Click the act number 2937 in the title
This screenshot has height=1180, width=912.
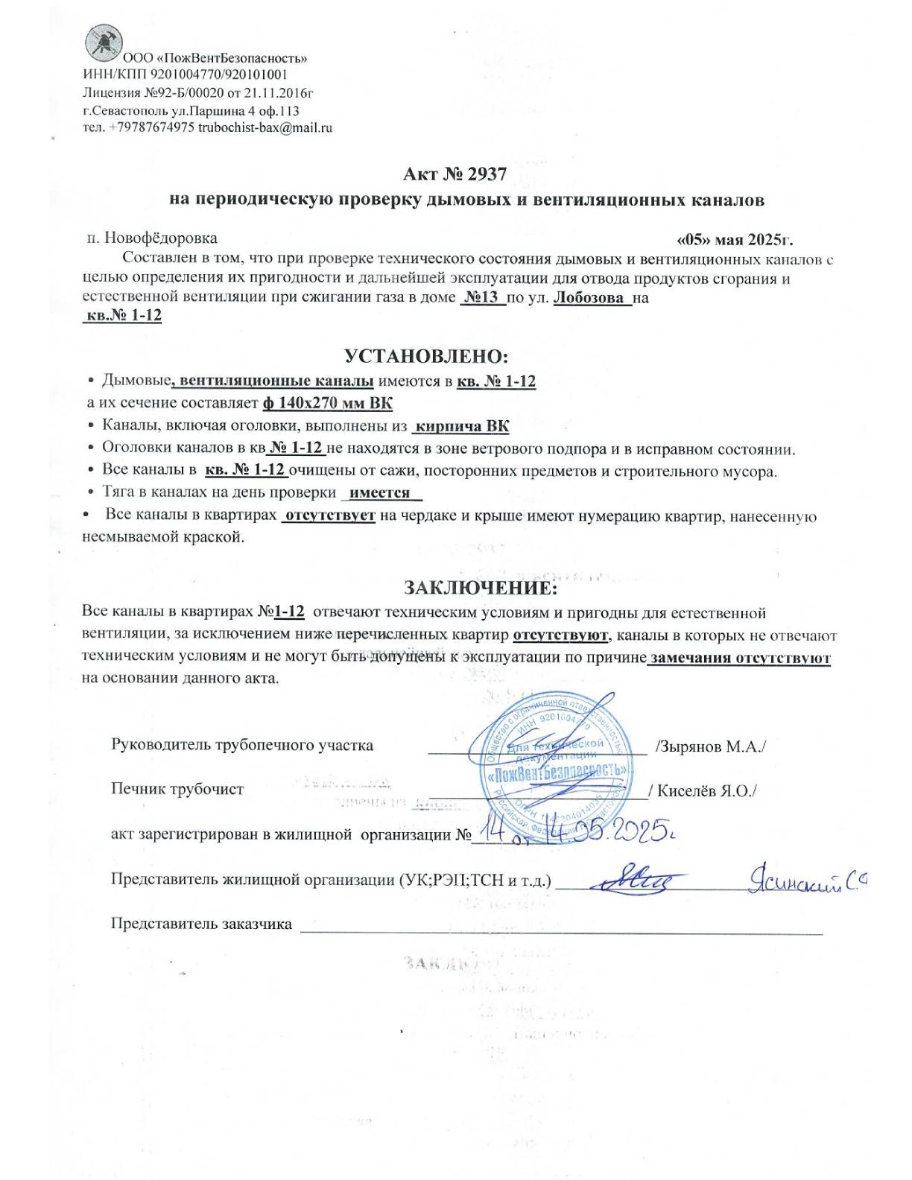click(x=487, y=174)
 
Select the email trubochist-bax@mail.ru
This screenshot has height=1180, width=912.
click(x=265, y=127)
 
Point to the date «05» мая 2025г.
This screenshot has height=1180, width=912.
click(x=734, y=240)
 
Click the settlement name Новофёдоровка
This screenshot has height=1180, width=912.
click(x=160, y=238)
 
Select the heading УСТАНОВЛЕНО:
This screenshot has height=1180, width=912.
click(x=426, y=355)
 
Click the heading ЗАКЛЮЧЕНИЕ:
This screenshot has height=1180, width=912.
click(x=480, y=587)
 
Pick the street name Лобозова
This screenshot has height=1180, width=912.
click(x=589, y=298)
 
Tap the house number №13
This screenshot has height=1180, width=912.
click(x=481, y=298)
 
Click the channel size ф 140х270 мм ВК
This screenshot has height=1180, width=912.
click(x=327, y=403)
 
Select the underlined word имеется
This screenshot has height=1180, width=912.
click(x=380, y=493)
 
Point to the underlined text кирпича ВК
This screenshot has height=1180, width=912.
click(x=462, y=427)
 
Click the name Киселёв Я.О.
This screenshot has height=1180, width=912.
click(x=705, y=791)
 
